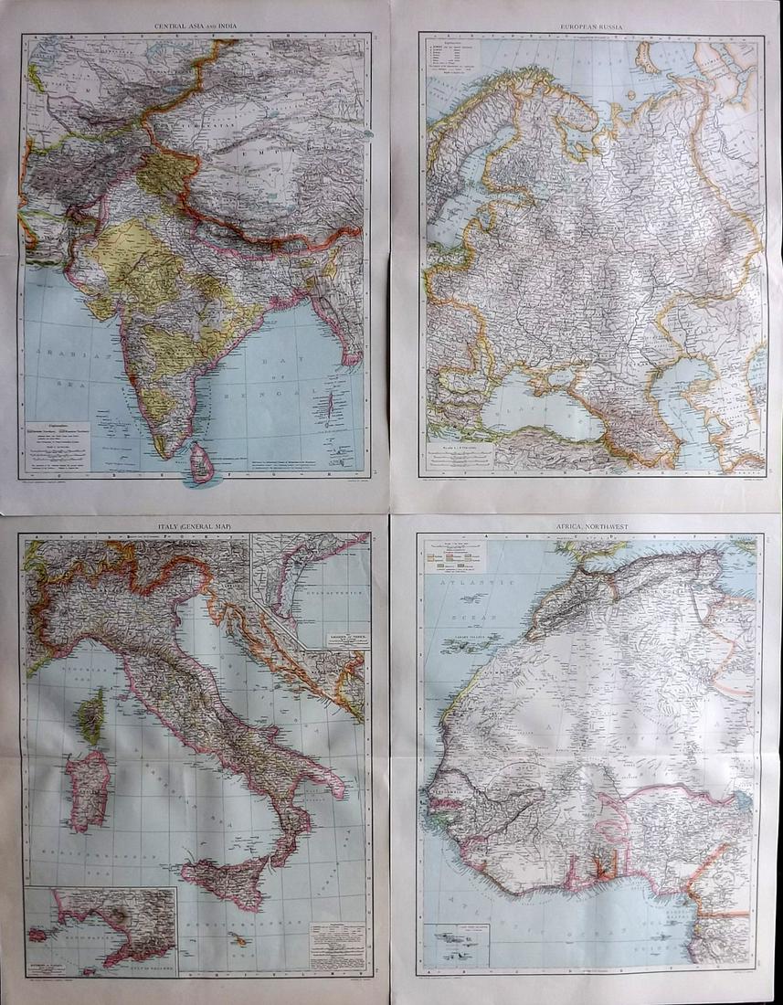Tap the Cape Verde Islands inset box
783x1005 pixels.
[457, 942]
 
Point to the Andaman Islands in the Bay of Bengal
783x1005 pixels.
[328, 403]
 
